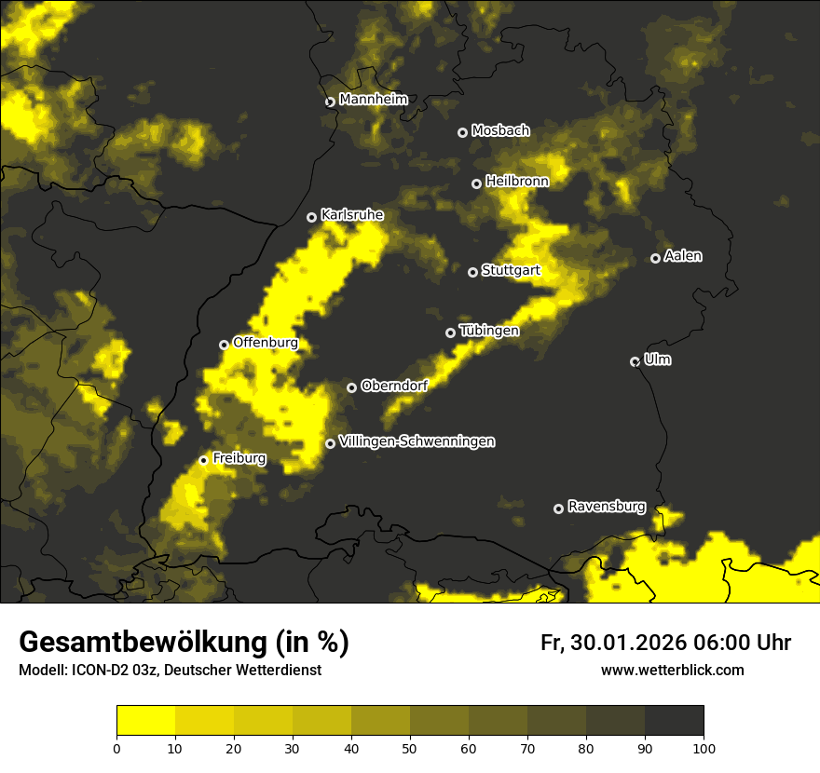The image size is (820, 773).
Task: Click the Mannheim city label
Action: click(373, 100)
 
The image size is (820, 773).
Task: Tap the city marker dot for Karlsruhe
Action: click(312, 217)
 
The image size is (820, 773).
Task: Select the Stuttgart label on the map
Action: click(511, 271)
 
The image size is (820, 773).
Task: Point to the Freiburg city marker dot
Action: click(203, 460)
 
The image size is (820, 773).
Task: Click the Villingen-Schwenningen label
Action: click(417, 441)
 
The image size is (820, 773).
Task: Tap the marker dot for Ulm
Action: click(635, 361)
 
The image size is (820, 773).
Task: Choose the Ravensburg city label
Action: click(607, 507)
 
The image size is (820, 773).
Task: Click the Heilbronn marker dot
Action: click(476, 183)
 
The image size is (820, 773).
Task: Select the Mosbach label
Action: click(500, 130)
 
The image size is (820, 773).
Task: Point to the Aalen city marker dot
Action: click(655, 258)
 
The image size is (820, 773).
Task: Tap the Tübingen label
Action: click(489, 331)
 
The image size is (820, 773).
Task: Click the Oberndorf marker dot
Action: click(351, 387)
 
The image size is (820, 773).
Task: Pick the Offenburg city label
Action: click(266, 343)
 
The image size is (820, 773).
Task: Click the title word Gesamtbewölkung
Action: click(140, 643)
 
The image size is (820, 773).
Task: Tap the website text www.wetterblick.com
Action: click(672, 670)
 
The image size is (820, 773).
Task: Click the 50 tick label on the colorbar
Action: click(410, 747)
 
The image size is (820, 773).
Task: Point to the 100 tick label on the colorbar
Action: click(704, 747)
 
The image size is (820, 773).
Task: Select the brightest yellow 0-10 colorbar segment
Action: click(146, 720)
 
